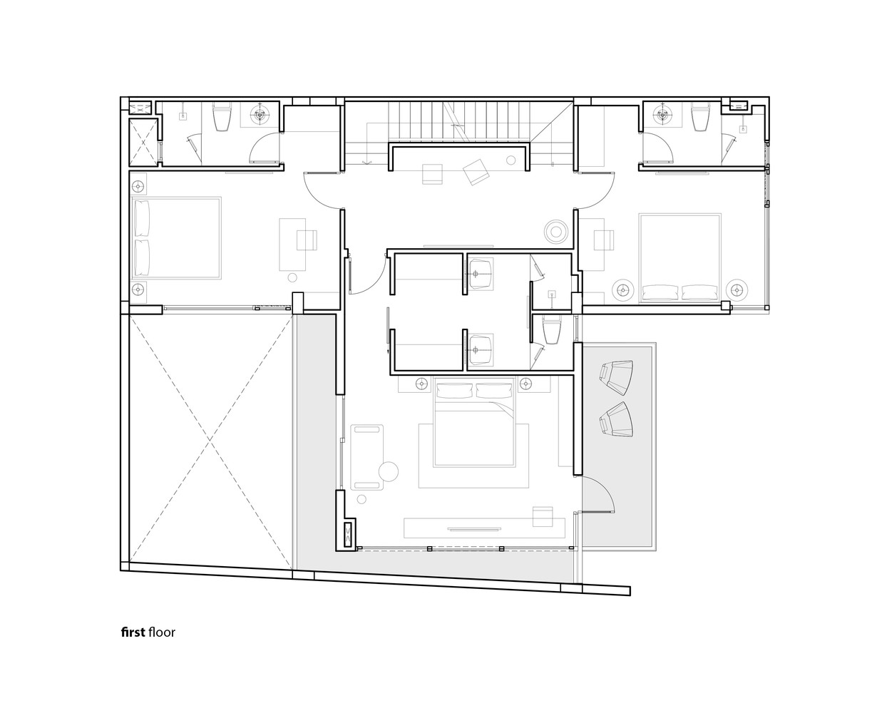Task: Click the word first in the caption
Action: (x=133, y=632)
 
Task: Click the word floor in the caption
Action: (x=162, y=632)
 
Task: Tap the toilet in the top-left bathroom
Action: (x=221, y=117)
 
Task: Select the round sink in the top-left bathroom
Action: (x=260, y=115)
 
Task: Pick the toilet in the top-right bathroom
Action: (x=700, y=116)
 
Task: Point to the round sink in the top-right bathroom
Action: (x=662, y=115)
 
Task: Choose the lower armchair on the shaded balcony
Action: (x=616, y=419)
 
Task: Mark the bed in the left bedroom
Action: (x=176, y=238)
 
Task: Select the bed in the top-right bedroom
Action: (x=679, y=258)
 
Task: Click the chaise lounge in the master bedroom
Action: (x=367, y=457)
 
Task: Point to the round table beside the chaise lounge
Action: (x=388, y=471)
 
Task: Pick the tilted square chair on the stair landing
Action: (x=476, y=172)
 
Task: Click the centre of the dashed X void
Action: (x=210, y=438)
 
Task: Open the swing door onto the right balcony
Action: (x=597, y=493)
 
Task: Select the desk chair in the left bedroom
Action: (x=307, y=240)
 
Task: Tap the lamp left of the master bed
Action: (x=421, y=384)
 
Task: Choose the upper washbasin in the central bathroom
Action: (x=480, y=273)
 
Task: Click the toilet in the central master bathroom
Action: (x=552, y=330)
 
